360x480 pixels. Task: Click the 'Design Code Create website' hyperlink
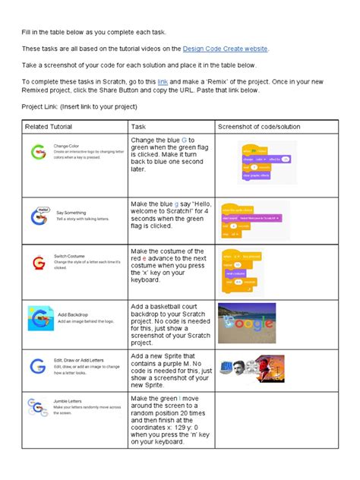click(x=225, y=49)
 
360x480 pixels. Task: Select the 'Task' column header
click(x=138, y=126)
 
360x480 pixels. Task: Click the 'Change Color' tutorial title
click(x=65, y=146)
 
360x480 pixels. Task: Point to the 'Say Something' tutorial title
click(x=71, y=213)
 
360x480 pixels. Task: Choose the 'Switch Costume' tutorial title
click(x=71, y=257)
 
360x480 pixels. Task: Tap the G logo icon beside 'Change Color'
click(x=38, y=152)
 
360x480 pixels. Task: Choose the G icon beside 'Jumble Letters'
click(x=37, y=407)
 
